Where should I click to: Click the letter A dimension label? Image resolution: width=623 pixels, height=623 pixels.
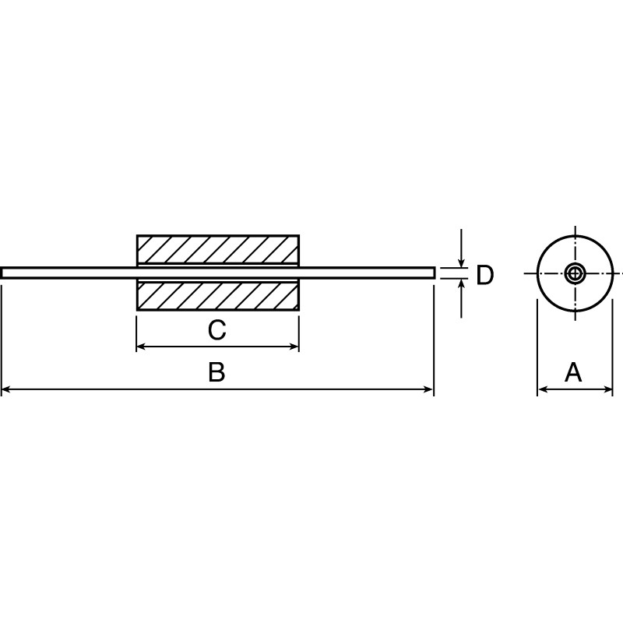click(573, 372)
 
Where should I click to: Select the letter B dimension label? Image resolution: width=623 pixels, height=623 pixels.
click(216, 372)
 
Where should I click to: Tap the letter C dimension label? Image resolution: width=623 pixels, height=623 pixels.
click(216, 330)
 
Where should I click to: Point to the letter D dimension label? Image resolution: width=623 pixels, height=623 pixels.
click(484, 275)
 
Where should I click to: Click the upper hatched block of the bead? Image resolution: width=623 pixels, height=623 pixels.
click(217, 249)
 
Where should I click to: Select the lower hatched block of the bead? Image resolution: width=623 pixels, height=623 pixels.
click(217, 296)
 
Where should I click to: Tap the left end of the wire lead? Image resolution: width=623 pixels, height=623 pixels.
click(4, 273)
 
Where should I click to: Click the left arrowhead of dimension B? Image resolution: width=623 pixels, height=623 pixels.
click(6, 389)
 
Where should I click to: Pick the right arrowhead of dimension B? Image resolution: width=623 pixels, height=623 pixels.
click(428, 389)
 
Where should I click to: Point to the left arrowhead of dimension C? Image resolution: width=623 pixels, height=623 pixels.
click(142, 347)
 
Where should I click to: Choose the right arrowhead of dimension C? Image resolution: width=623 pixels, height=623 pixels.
click(294, 347)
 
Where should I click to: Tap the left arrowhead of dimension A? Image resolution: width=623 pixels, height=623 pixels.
click(542, 389)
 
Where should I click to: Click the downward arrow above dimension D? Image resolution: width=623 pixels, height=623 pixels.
click(462, 262)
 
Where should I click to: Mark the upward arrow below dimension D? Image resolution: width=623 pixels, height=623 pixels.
click(462, 285)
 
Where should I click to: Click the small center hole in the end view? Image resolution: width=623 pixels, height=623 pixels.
click(575, 273)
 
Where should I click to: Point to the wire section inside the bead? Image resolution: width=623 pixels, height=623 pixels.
click(217, 273)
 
